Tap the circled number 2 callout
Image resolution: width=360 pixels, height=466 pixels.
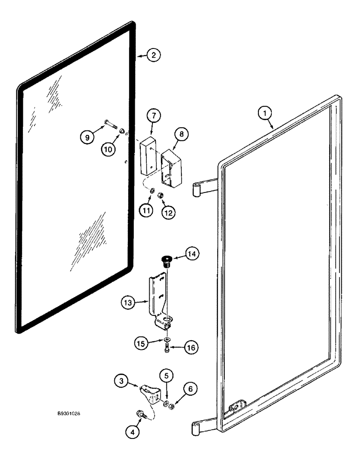tap(153, 55)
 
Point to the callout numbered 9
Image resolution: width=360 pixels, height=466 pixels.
tap(86, 137)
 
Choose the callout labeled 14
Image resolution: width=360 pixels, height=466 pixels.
tap(193, 254)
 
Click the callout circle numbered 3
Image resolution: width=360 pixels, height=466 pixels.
tap(122, 381)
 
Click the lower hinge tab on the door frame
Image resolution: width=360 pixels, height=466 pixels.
tap(204, 425)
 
